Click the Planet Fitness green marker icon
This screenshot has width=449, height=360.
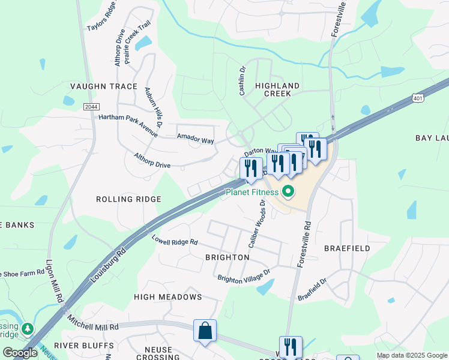[x=288, y=192]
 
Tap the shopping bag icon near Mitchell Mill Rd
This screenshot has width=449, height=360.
[x=205, y=331]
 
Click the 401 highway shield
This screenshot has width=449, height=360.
[x=418, y=97]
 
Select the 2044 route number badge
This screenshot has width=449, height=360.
[x=91, y=106]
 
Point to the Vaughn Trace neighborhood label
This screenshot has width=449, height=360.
[x=104, y=86]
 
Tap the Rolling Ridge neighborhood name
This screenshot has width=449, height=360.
[x=128, y=199]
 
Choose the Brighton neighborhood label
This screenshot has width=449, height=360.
[x=227, y=257]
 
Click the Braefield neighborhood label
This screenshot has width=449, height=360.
[x=347, y=248]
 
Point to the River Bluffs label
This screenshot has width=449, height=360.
[x=84, y=346]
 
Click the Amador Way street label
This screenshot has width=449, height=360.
[x=195, y=139]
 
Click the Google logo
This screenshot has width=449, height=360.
[x=20, y=353]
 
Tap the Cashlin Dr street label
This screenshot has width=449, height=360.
[x=243, y=80]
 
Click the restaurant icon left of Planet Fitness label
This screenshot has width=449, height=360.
[x=250, y=168]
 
